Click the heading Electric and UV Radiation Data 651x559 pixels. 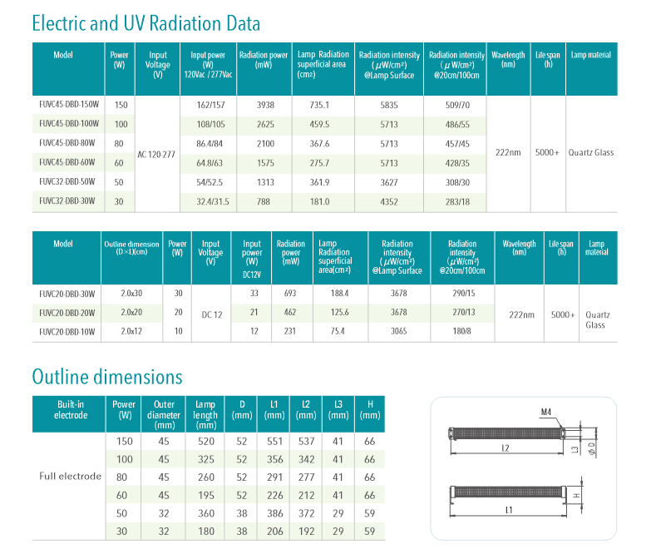(145, 22)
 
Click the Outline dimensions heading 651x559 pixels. (106, 377)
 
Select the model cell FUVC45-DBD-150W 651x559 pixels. (69, 105)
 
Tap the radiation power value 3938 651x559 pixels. (265, 105)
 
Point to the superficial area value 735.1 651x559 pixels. (319, 105)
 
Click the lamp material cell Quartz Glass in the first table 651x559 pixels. (590, 153)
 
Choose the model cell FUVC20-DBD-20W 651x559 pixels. (67, 312)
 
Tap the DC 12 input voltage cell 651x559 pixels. (212, 314)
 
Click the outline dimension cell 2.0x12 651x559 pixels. (132, 331)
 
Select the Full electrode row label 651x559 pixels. (71, 477)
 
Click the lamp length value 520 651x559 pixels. (205, 440)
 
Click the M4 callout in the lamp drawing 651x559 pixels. (545, 412)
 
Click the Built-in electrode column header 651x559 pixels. (70, 409)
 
